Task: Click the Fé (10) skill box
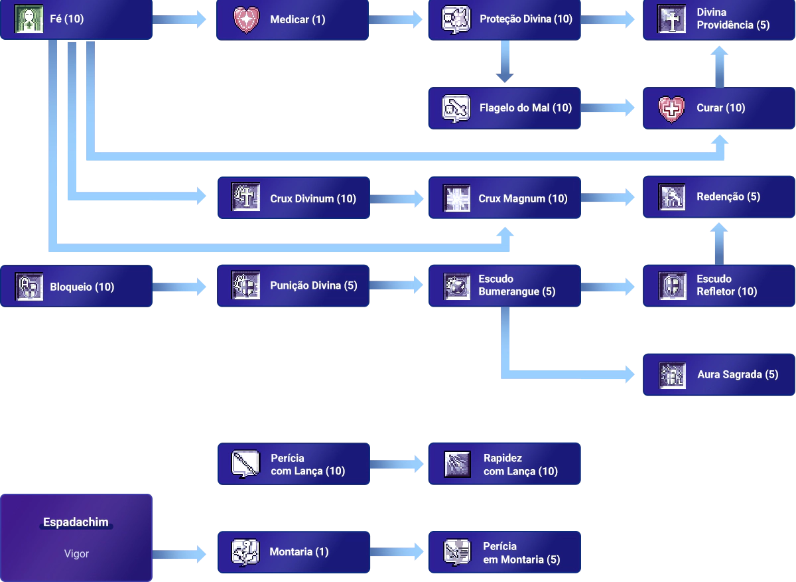(76, 20)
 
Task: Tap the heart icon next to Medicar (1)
(247, 20)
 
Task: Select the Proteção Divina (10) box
(504, 20)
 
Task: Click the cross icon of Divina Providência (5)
(671, 19)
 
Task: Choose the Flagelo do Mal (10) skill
(504, 108)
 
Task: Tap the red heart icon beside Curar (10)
(671, 108)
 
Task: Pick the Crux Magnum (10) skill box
(504, 198)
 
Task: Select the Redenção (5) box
(719, 197)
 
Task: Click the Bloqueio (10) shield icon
(29, 287)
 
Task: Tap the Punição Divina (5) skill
(292, 285)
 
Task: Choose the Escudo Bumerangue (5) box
(504, 285)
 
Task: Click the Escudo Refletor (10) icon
(671, 285)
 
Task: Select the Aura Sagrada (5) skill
(719, 374)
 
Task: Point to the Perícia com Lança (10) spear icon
(245, 465)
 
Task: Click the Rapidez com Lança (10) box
(504, 465)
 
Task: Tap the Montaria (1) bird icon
(245, 552)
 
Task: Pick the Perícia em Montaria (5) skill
(504, 552)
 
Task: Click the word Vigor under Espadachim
(76, 553)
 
